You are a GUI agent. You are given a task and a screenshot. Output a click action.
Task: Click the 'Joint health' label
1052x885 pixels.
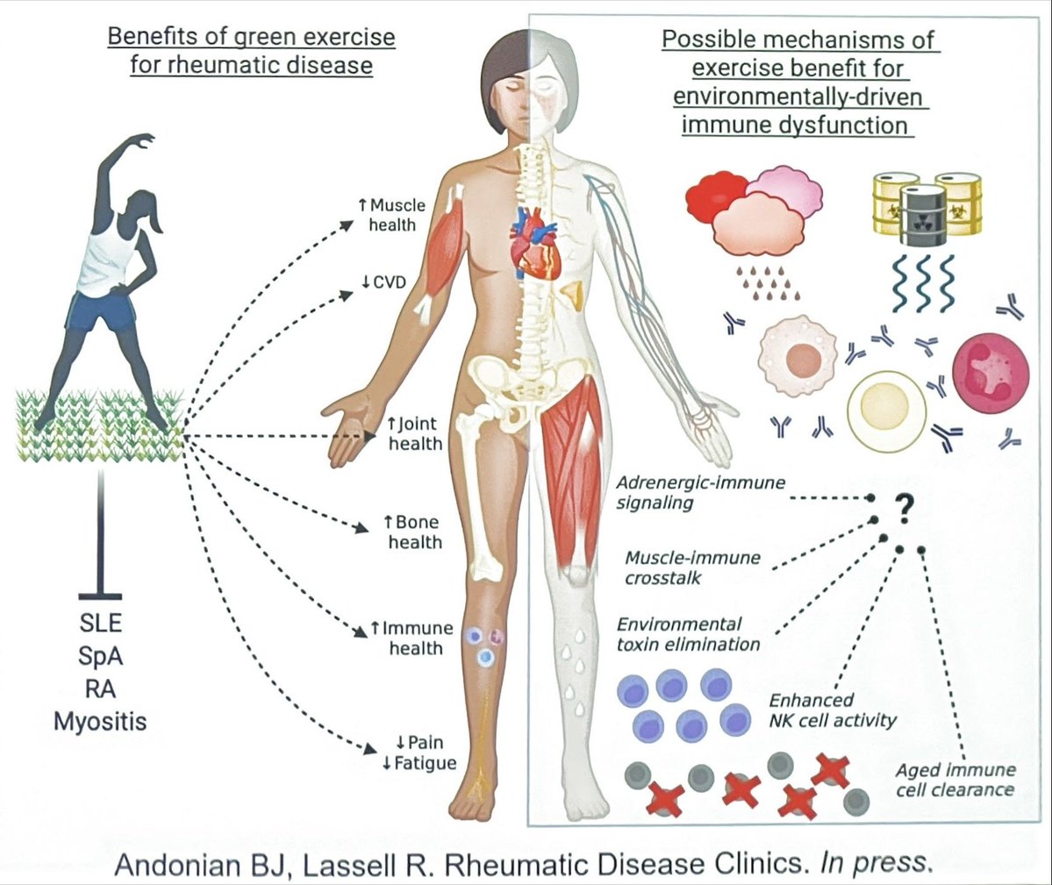pyautogui.click(x=415, y=434)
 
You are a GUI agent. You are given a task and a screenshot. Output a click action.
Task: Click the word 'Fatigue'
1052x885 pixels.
pyautogui.click(x=425, y=763)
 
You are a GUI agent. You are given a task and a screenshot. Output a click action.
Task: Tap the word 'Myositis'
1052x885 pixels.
pyautogui.click(x=100, y=722)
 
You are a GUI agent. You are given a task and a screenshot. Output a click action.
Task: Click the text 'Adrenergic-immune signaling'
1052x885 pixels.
pyautogui.click(x=700, y=493)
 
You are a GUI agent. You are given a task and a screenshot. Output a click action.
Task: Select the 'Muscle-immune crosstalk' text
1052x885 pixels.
pyautogui.click(x=692, y=567)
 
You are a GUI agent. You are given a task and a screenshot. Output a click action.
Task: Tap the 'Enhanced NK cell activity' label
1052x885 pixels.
pyautogui.click(x=833, y=710)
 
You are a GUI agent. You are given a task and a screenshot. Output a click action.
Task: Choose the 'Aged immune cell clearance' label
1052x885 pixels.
pyautogui.click(x=955, y=780)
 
